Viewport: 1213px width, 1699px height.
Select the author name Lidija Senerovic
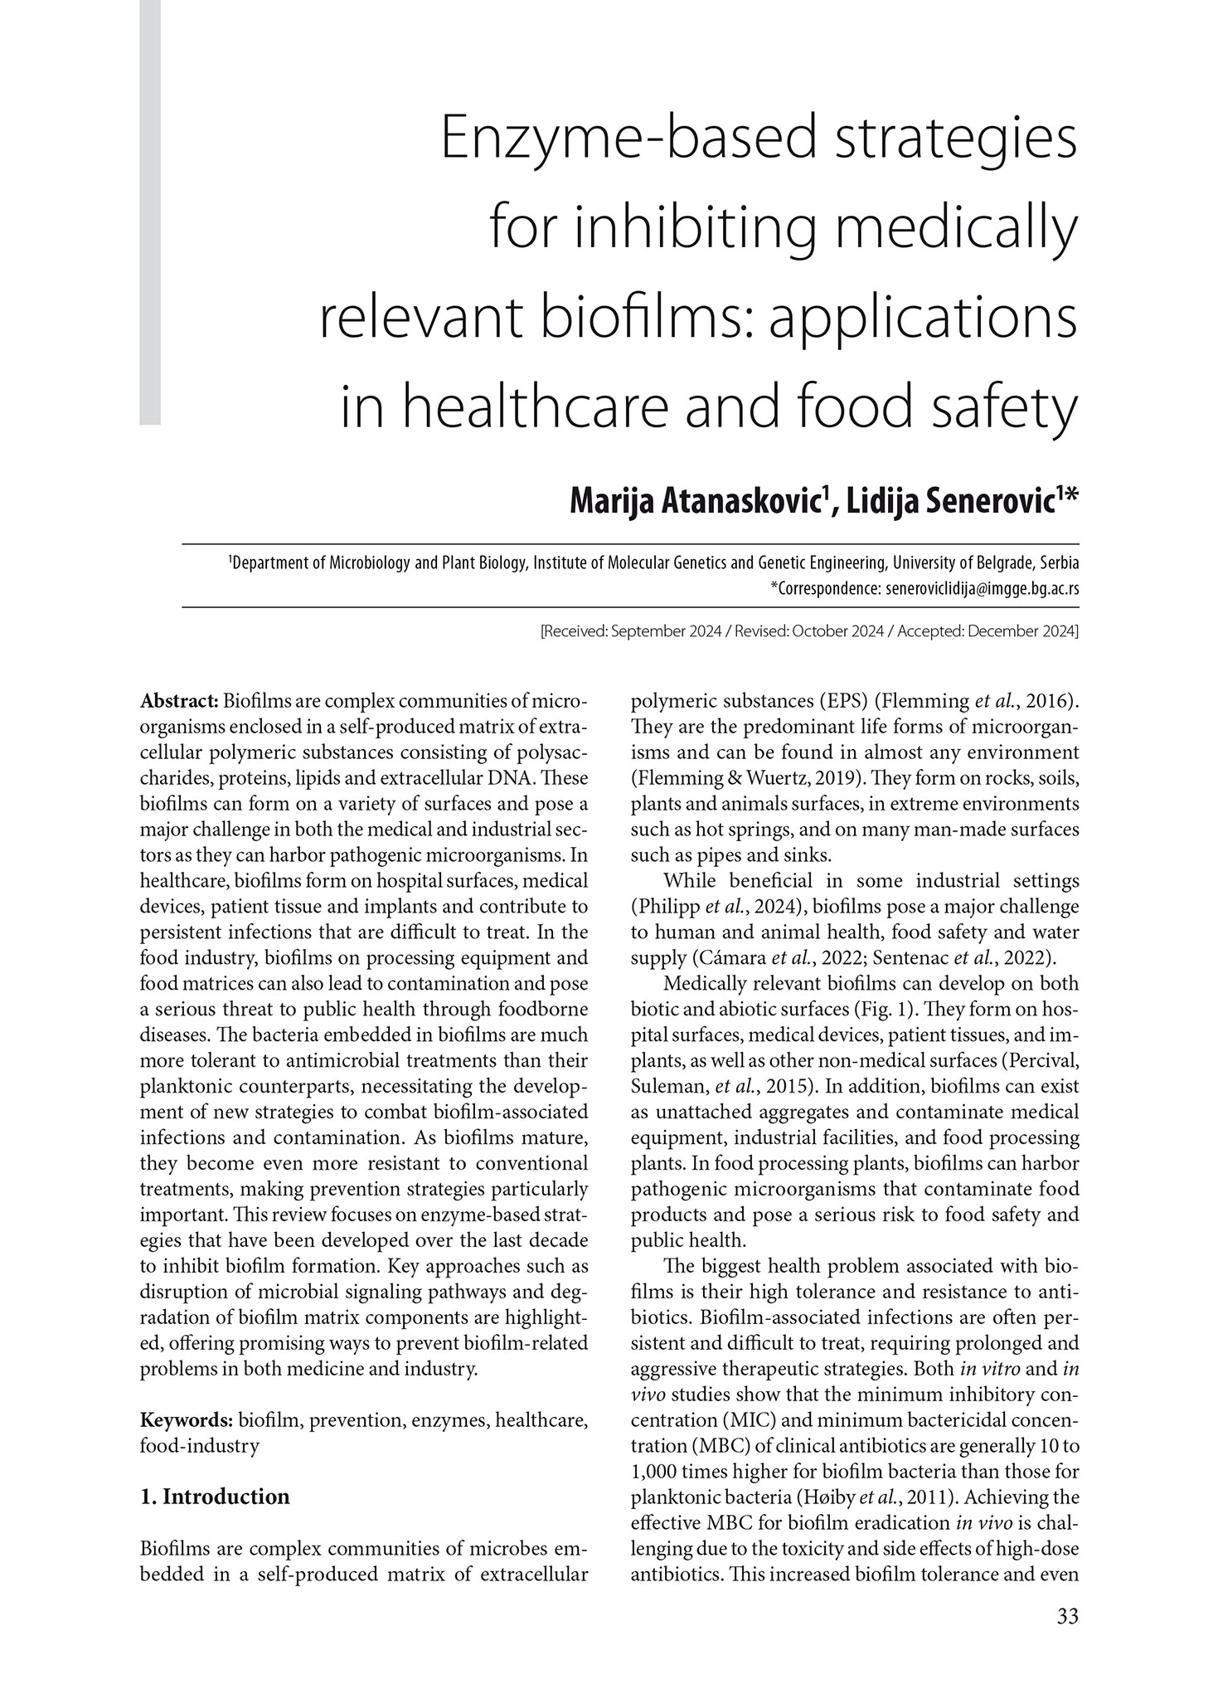[x=961, y=501]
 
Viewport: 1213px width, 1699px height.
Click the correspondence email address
[x=982, y=589]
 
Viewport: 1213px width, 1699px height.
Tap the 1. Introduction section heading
[x=216, y=1497]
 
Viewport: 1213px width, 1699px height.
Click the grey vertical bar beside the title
[x=150, y=212]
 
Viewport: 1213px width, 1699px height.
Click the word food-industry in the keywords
[x=200, y=1446]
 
